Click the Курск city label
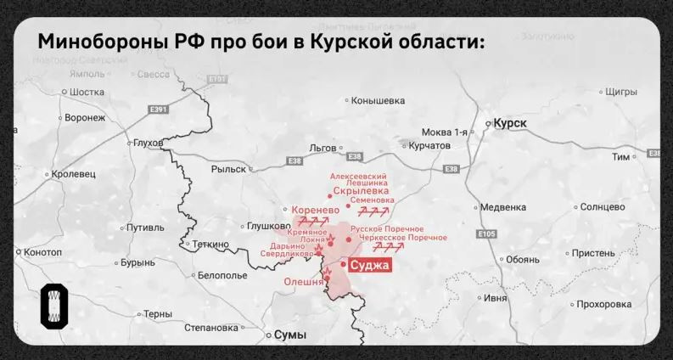pos(509,123)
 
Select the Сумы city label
pos(289,335)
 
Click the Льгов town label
pos(322,148)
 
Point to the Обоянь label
pos(521,259)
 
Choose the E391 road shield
pos(159,110)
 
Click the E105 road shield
pos(486,233)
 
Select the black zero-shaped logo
pos(54,307)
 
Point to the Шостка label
pos(87,92)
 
